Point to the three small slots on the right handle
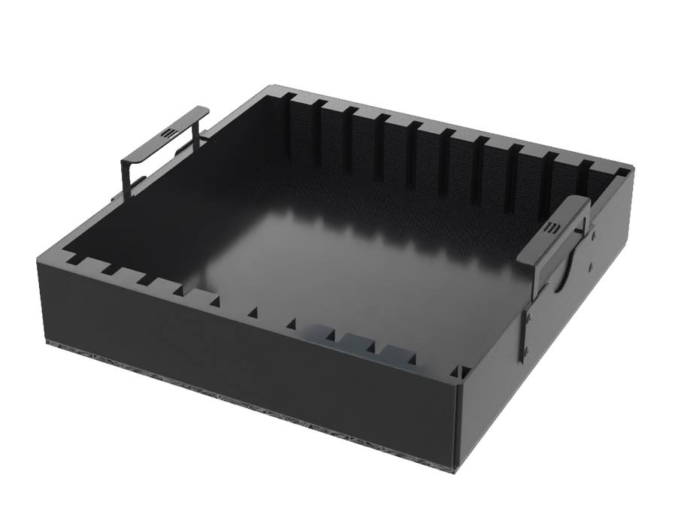(x=552, y=228)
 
